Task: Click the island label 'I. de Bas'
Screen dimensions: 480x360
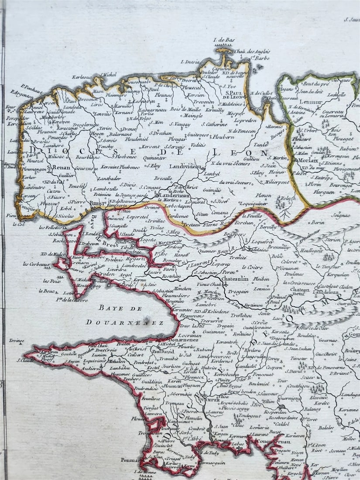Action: click(224, 40)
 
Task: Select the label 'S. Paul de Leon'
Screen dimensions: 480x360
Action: click(234, 95)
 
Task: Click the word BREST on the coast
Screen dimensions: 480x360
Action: click(96, 203)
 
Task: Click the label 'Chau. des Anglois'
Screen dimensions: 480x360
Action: click(252, 52)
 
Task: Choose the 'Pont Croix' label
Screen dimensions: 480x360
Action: click(106, 350)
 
